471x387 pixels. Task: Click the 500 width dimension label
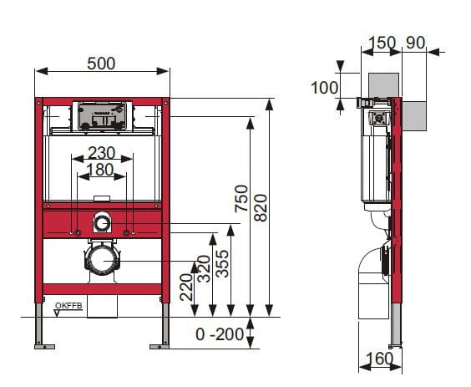point(101,64)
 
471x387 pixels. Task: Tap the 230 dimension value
point(101,153)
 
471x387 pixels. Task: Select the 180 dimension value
point(100,170)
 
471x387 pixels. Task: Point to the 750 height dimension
point(241,199)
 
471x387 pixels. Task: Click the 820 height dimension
point(261,208)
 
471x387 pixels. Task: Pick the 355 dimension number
point(222,263)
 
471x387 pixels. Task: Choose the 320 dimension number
point(204,268)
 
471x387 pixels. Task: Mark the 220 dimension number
point(186,287)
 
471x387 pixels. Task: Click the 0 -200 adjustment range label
point(220,334)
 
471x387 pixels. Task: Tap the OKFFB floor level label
point(68,306)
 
